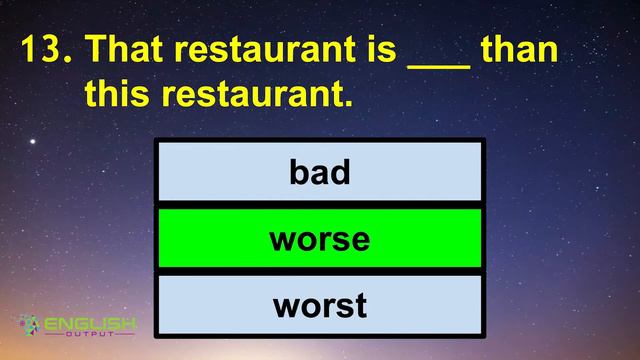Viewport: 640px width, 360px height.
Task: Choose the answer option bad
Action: pyautogui.click(x=320, y=173)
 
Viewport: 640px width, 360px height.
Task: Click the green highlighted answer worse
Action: pyautogui.click(x=320, y=239)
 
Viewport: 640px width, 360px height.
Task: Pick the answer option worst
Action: pyautogui.click(x=320, y=305)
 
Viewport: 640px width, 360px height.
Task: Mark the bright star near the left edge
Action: pyautogui.click(x=32, y=142)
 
